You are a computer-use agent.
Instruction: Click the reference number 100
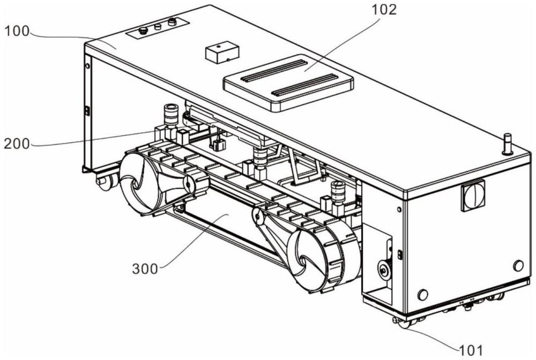(x=17, y=31)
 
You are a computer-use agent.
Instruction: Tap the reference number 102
(x=384, y=10)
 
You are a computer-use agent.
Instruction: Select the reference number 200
(x=17, y=144)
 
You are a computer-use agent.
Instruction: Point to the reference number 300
(x=145, y=269)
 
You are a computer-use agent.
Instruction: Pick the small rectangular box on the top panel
(x=221, y=52)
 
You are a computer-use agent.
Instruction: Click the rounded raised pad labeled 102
(x=288, y=83)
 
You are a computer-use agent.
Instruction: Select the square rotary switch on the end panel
(x=473, y=196)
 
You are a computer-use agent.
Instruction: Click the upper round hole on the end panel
(x=518, y=265)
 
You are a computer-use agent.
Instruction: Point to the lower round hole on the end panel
(x=423, y=295)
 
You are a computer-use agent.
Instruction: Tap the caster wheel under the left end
(x=105, y=181)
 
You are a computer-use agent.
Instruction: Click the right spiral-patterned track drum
(x=306, y=260)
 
